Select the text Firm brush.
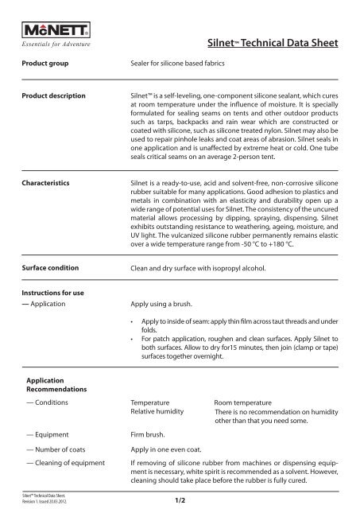149,435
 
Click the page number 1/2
179,499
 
